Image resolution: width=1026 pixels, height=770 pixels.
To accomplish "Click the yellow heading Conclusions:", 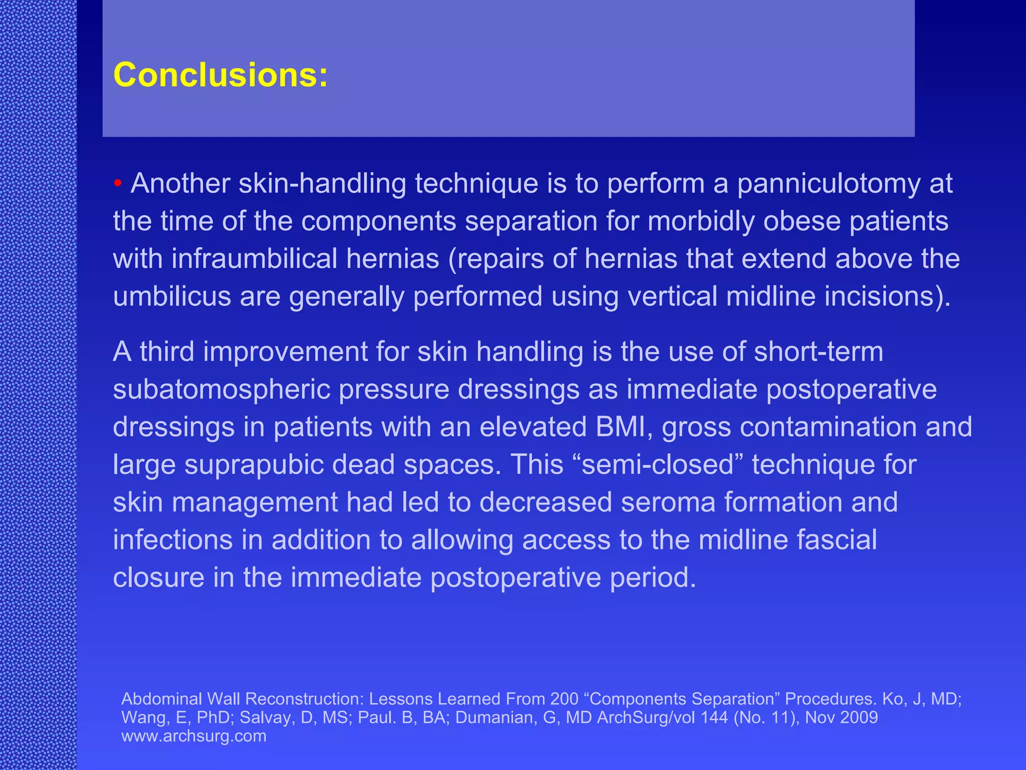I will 220,75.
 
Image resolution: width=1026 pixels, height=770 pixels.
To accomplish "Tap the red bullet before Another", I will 118,183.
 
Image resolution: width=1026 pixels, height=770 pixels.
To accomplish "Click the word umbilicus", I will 172,297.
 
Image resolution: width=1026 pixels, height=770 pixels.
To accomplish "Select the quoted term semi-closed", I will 662,465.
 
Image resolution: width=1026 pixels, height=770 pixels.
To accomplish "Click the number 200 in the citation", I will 564,699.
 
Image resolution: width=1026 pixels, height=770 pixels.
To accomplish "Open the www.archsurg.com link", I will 194,736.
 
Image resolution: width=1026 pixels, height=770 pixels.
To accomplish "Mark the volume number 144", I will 714,717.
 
